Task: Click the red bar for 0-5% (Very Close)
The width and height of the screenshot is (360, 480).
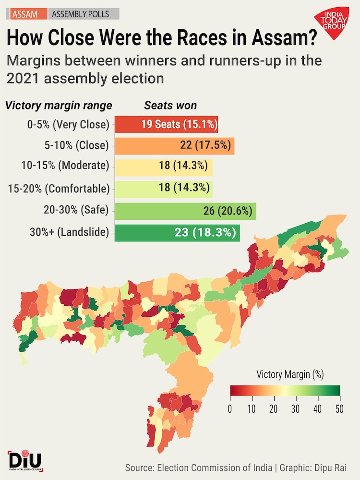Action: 166,125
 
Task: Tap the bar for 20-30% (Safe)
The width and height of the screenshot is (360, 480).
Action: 185,211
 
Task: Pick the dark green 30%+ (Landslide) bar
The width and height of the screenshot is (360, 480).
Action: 177,233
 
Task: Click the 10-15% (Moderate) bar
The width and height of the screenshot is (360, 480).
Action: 164,166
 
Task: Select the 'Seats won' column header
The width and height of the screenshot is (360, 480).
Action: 170,106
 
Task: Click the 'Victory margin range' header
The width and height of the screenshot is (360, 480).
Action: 59,106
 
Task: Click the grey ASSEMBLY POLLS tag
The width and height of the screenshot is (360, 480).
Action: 80,14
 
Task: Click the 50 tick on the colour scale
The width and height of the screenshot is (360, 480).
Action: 340,409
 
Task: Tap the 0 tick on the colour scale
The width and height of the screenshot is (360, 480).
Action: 230,409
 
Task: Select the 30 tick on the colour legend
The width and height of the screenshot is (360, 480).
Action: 296,409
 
